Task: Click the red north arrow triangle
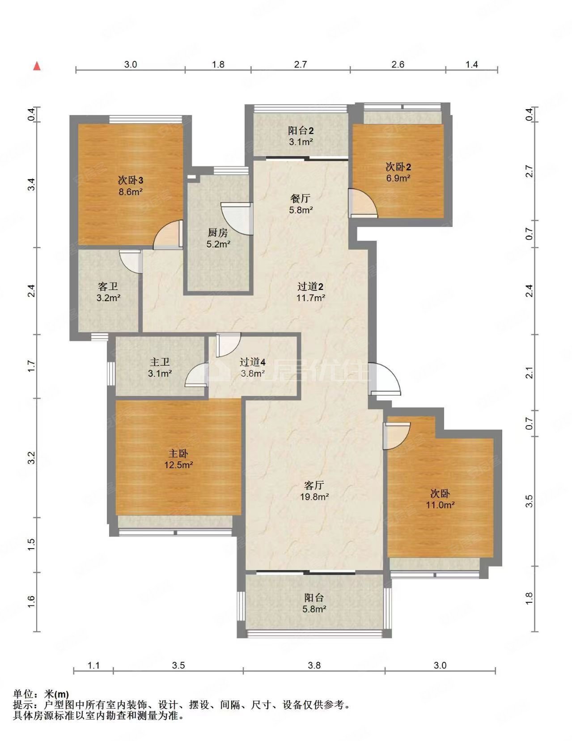pyautogui.click(x=38, y=66)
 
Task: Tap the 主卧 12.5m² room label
pyautogui.click(x=178, y=459)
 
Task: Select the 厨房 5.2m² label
pyautogui.click(x=218, y=238)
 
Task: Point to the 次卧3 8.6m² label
pyautogui.click(x=130, y=186)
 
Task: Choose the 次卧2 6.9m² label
pyautogui.click(x=398, y=172)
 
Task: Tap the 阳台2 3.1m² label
pyautogui.click(x=300, y=136)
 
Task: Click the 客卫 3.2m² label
pyautogui.click(x=108, y=291)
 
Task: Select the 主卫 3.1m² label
pyautogui.click(x=160, y=367)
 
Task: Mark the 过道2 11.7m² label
pyautogui.click(x=310, y=292)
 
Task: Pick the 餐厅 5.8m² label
pyautogui.click(x=300, y=204)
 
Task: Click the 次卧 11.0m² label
pyautogui.click(x=440, y=499)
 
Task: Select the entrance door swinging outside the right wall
pyautogui.click(x=385, y=380)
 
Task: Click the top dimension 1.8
pyautogui.click(x=218, y=64)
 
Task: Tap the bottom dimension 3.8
pyautogui.click(x=314, y=665)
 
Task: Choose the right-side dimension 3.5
pyautogui.click(x=530, y=501)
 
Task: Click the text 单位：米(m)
pyautogui.click(x=41, y=694)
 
